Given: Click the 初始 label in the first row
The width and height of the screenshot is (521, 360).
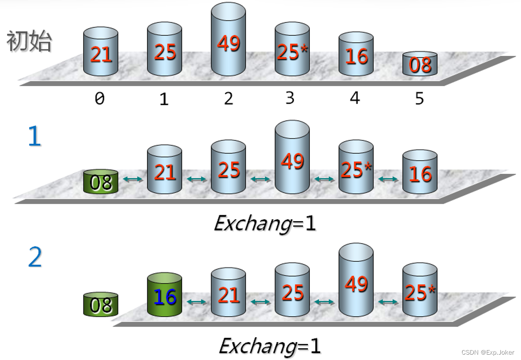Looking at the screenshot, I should pyautogui.click(x=29, y=42).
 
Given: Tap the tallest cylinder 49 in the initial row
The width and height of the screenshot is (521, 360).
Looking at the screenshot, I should pyautogui.click(x=228, y=40).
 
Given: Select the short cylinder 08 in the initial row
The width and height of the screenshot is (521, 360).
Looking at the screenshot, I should pyautogui.click(x=420, y=64).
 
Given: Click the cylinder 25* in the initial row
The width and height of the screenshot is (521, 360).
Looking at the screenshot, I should pyautogui.click(x=292, y=50).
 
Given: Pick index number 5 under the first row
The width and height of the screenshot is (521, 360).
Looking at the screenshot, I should pyautogui.click(x=419, y=98).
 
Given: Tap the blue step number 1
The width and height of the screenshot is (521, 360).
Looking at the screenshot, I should pyautogui.click(x=34, y=136).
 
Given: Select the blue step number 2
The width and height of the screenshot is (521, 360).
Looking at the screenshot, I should pyautogui.click(x=35, y=258).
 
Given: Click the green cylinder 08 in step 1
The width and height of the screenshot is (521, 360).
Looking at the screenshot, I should pyautogui.click(x=101, y=182).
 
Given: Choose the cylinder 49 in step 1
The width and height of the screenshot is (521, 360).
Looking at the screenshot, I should pyautogui.click(x=292, y=158).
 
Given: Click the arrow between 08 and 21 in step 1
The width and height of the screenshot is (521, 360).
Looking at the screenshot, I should pyautogui.click(x=133, y=179).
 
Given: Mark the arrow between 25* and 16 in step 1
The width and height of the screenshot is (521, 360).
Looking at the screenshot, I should pyautogui.click(x=388, y=179).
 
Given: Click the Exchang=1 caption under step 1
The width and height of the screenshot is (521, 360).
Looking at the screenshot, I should pyautogui.click(x=264, y=223).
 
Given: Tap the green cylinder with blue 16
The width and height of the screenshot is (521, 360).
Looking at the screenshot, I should pyautogui.click(x=165, y=296).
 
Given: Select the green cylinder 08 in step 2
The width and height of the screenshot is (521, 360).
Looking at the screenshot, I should pyautogui.click(x=101, y=305).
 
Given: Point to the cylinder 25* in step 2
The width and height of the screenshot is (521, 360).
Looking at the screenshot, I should pyautogui.click(x=420, y=291).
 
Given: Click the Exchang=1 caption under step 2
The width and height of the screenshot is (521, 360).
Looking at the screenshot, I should pyautogui.click(x=269, y=346).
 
